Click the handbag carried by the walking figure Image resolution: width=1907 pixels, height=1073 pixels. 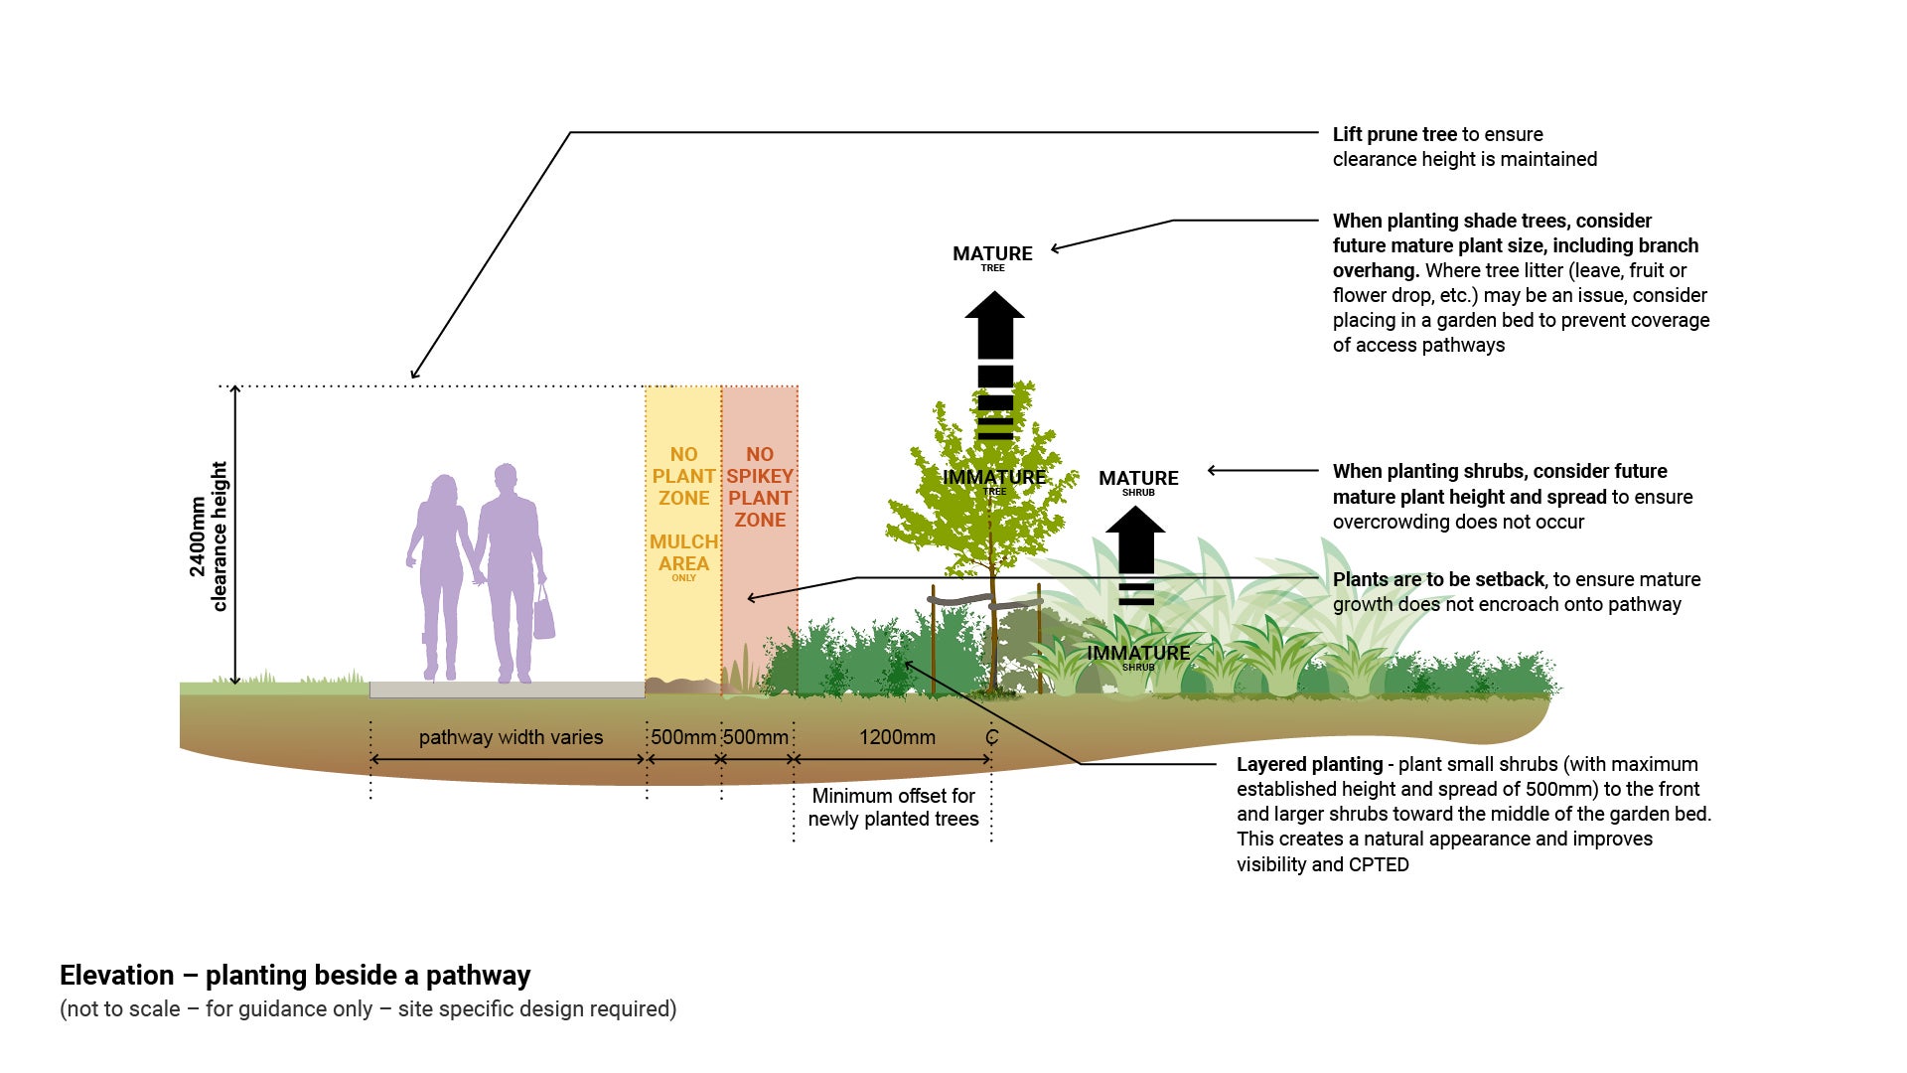[543, 615]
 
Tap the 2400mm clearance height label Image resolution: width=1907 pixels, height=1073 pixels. [209, 536]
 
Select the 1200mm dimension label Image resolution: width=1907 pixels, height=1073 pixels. [897, 737]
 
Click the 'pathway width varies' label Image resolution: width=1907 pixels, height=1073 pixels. [511, 737]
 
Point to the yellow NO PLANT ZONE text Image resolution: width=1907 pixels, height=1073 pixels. [683, 476]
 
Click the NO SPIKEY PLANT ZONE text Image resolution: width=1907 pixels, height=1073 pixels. [760, 487]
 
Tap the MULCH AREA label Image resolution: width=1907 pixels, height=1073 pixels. [683, 553]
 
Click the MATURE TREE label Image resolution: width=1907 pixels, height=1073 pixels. [992, 255]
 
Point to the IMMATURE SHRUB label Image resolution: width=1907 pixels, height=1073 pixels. [1138, 655]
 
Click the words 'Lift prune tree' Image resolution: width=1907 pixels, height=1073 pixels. [1394, 134]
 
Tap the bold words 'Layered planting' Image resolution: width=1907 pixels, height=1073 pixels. [1309, 764]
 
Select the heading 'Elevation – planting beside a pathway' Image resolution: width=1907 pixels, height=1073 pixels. [295, 975]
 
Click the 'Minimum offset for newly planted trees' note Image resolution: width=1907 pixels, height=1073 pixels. [893, 807]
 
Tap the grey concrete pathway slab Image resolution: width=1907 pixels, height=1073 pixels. [507, 690]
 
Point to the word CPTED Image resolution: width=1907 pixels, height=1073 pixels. [1379, 864]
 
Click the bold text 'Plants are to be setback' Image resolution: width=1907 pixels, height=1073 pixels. [1438, 579]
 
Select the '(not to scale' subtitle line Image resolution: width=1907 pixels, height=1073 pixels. [367, 1008]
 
